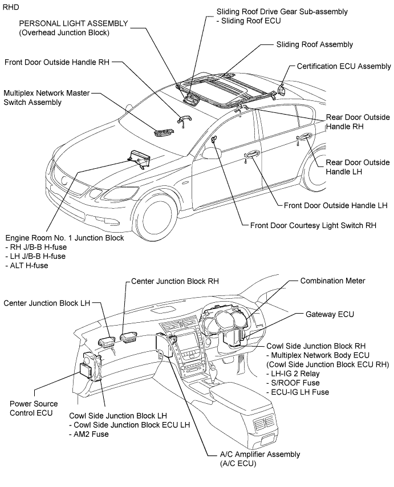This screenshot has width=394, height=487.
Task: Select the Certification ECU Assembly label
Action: [344, 66]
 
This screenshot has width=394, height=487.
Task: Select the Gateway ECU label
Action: [330, 314]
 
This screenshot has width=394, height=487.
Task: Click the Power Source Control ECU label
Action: [34, 407]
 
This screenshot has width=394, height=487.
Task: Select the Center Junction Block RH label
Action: [167, 281]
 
